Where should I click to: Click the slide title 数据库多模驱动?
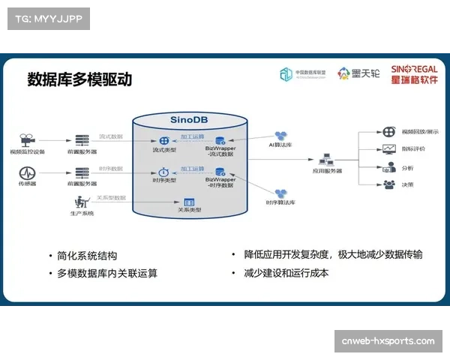(79, 79)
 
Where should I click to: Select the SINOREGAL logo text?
(414, 69)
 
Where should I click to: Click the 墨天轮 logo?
(357, 73)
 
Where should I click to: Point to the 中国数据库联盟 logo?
(303, 73)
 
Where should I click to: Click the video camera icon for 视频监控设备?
(27, 140)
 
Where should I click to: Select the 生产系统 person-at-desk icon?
(81, 202)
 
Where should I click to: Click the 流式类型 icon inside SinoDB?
(163, 141)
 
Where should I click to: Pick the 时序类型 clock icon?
(163, 172)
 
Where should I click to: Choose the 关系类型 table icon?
(190, 202)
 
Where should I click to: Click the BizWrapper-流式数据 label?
(220, 151)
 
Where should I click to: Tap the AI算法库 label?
(282, 144)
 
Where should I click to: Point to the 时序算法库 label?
(280, 203)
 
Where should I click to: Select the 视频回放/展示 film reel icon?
(388, 130)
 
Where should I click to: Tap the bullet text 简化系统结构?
(87, 255)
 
